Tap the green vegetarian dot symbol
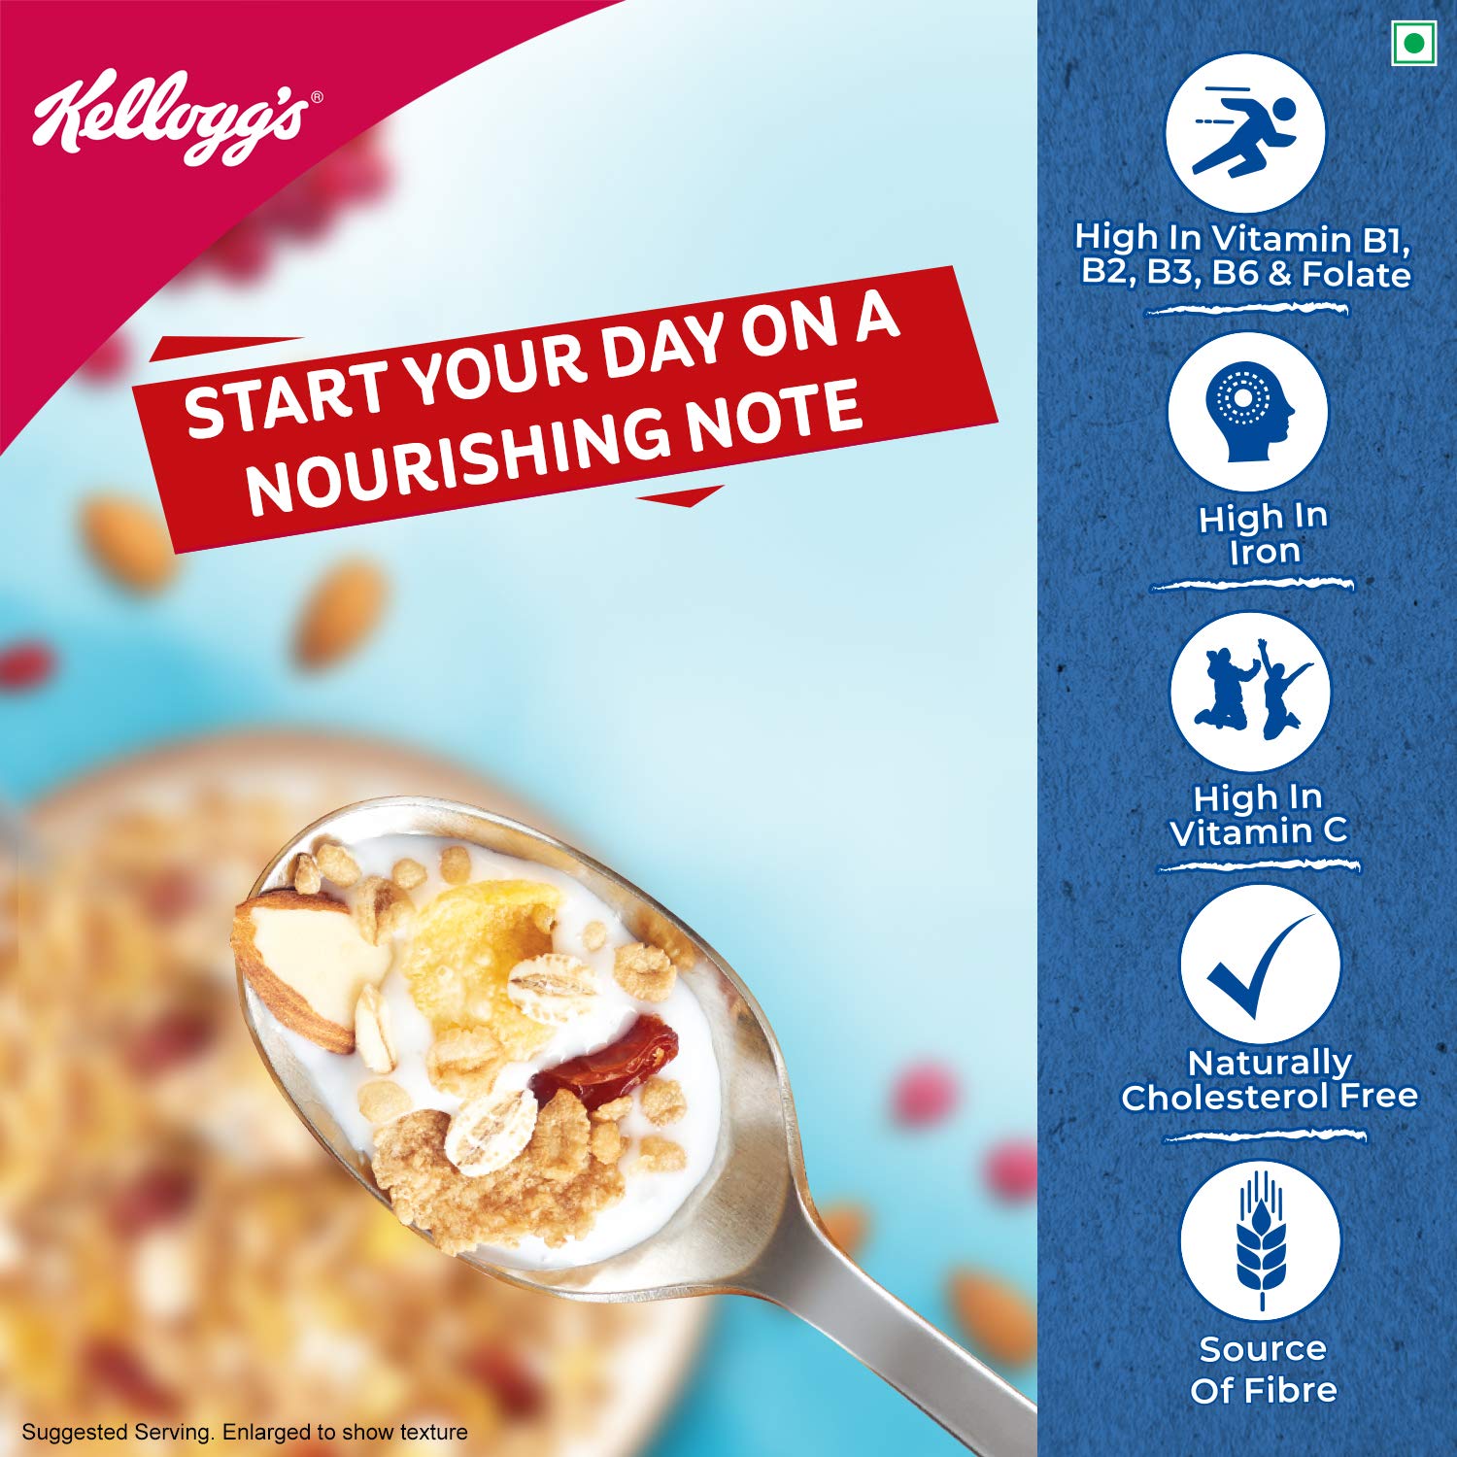[1413, 44]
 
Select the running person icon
[1245, 132]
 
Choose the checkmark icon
[1260, 965]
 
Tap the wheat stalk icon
[1261, 1240]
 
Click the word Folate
[1356, 275]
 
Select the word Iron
[1265, 552]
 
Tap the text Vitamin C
[1259, 831]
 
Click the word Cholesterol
[1225, 1098]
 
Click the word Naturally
[1270, 1063]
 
